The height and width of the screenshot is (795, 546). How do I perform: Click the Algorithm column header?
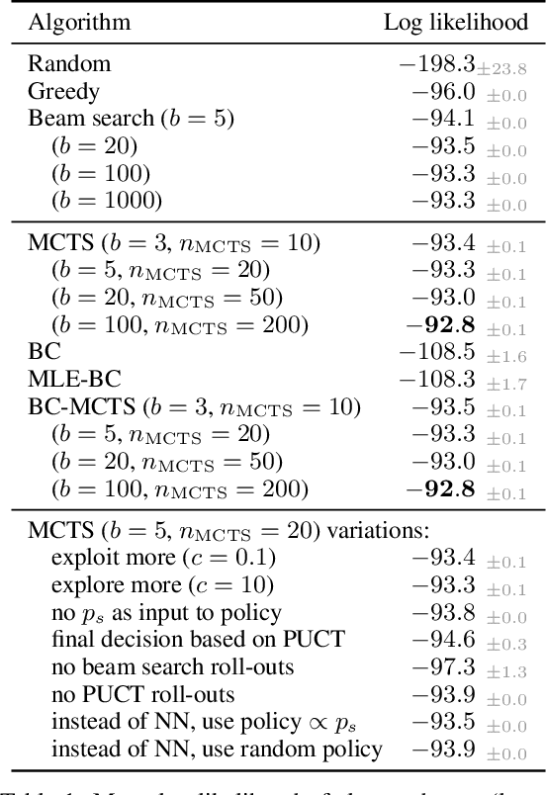pos(79,22)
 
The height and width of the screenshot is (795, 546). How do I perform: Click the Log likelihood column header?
pos(455,22)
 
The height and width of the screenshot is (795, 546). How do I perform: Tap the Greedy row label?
pos(64,92)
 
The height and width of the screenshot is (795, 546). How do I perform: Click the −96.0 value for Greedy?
pos(441,92)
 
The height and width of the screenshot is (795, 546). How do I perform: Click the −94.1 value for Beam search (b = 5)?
pos(441,120)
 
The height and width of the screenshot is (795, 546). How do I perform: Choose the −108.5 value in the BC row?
pos(437,352)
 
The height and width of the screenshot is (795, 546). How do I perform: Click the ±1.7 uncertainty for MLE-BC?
pos(506,383)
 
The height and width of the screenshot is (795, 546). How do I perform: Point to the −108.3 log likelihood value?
pos(437,380)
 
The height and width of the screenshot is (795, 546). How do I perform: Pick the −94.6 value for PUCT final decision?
pos(441,640)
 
